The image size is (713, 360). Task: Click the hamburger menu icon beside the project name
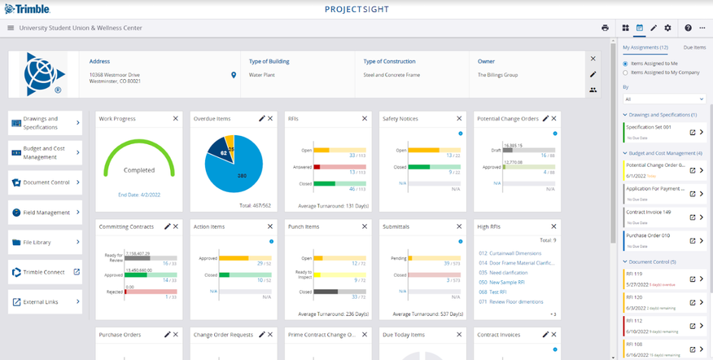(11, 28)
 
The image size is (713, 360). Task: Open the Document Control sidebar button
(45, 182)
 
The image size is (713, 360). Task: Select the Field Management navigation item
(45, 213)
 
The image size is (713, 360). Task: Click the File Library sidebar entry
(45, 242)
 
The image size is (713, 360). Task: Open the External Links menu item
(45, 302)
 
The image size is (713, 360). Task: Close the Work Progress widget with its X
(176, 119)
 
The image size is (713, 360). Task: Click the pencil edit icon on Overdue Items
(262, 119)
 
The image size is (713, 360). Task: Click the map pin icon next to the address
(234, 75)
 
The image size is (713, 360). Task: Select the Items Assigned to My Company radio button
(625, 73)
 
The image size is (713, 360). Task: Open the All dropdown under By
(663, 99)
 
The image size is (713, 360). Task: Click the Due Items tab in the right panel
(694, 48)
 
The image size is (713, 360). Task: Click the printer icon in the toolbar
(605, 28)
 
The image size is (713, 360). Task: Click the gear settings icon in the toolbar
(667, 28)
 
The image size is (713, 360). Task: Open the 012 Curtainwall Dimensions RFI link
(515, 252)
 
